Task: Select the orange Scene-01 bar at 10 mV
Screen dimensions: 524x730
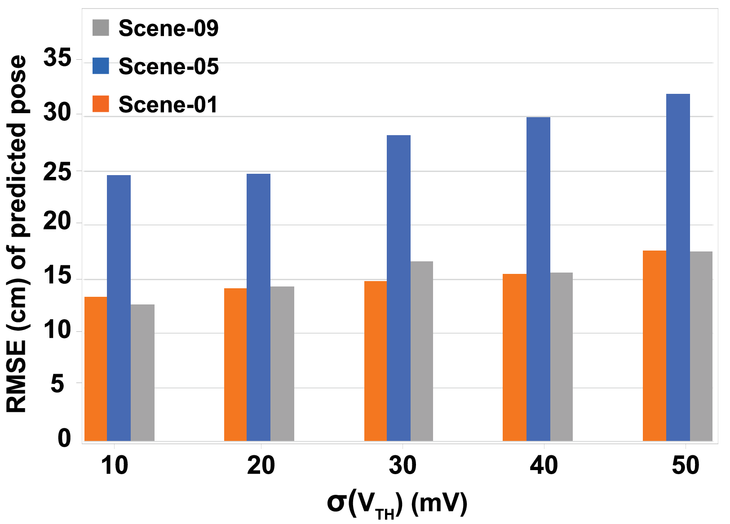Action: tap(96, 369)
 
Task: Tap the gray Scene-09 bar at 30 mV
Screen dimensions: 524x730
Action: tap(421, 351)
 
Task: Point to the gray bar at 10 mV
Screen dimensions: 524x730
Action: tap(142, 372)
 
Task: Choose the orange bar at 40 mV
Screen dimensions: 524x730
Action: tap(514, 357)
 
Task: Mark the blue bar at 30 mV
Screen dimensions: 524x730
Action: tap(398, 288)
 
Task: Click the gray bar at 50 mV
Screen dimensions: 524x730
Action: tap(701, 346)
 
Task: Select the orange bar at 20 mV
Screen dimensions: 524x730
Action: tap(235, 364)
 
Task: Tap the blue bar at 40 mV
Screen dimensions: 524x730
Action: tap(538, 279)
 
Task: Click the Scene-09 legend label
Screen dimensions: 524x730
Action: tap(168, 28)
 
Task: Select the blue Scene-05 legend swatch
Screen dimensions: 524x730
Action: tap(101, 66)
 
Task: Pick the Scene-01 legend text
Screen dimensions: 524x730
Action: tap(168, 105)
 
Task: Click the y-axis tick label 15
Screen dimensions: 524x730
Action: tap(57, 276)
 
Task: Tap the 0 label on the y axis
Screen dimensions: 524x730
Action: tap(64, 438)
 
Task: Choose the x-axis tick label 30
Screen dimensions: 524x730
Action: tap(402, 466)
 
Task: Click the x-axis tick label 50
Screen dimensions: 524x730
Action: tap(685, 466)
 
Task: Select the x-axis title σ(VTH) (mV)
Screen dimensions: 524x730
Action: tap(397, 504)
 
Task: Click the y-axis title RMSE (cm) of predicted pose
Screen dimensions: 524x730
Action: tap(17, 233)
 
